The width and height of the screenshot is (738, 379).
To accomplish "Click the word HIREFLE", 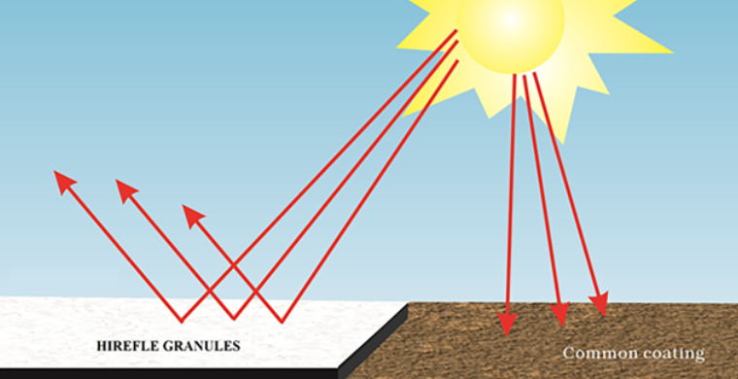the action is (129, 345).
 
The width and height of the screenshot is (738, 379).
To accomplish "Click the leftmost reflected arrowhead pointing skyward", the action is (64, 182).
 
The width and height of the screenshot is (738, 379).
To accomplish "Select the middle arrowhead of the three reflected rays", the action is (125, 189).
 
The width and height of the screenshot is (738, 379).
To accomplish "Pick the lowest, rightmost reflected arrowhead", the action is (192, 215).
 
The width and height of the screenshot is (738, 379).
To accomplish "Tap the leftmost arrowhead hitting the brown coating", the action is (506, 324).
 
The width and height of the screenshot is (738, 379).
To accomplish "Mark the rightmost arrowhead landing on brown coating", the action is (600, 305).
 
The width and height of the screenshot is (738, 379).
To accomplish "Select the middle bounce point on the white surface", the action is (233, 318).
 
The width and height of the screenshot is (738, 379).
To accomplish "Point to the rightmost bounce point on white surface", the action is (283, 321).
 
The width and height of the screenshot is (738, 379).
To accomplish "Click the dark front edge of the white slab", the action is (175, 372).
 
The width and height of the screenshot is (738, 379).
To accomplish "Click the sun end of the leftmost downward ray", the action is (515, 77).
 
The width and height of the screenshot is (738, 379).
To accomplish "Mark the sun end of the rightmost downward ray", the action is (535, 73).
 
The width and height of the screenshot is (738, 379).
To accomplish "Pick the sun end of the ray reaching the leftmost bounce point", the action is (456, 31).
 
